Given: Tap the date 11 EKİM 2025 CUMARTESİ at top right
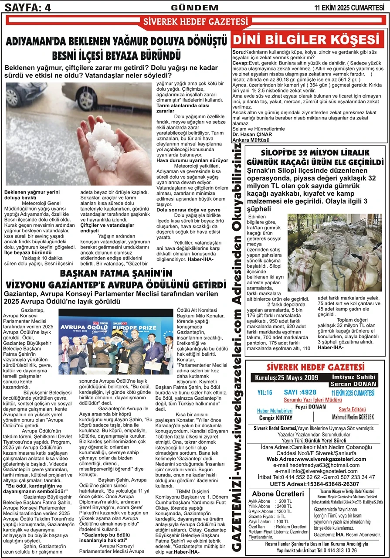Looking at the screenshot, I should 352,7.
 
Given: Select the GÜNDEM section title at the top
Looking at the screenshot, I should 194,7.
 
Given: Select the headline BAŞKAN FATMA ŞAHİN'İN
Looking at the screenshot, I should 116,274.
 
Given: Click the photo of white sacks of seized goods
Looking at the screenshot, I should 334,252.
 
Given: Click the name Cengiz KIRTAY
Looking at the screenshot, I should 274,417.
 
